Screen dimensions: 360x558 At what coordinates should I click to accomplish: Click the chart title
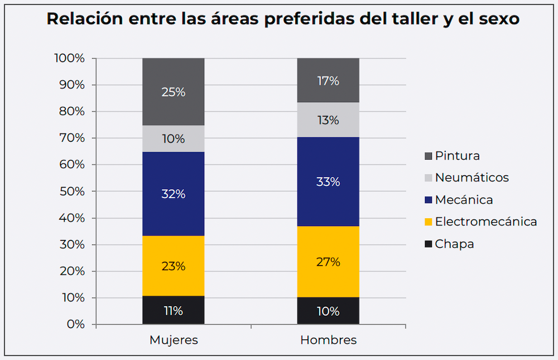(x=283, y=18)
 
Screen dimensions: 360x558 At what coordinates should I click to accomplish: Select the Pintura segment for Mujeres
(x=173, y=92)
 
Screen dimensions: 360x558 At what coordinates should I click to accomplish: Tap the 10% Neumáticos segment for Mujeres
(x=173, y=138)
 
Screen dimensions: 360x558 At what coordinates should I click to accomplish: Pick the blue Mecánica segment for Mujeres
(x=173, y=194)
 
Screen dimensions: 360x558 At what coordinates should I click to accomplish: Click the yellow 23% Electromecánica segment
(x=173, y=266)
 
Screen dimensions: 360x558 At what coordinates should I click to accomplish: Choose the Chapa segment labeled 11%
(x=173, y=310)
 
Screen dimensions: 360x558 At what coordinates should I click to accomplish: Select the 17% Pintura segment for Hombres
(x=328, y=80)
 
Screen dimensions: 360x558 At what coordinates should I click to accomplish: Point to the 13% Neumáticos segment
(x=328, y=119)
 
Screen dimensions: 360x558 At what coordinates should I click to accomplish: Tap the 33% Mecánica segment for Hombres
(x=328, y=181)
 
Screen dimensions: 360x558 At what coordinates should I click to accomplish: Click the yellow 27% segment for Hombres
(x=328, y=261)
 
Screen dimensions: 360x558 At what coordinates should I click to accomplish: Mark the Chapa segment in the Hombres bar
(x=328, y=311)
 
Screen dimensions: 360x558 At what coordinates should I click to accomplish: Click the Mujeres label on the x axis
(x=174, y=340)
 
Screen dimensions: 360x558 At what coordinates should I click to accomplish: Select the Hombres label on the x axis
(x=328, y=340)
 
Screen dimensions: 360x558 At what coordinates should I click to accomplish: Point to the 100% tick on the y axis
(x=69, y=58)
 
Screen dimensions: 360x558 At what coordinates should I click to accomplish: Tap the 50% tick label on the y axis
(x=72, y=191)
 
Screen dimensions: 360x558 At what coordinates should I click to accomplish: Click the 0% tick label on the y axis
(x=75, y=324)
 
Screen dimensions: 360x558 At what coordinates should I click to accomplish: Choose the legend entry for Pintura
(x=457, y=156)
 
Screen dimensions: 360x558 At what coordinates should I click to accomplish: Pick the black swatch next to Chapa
(x=428, y=244)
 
